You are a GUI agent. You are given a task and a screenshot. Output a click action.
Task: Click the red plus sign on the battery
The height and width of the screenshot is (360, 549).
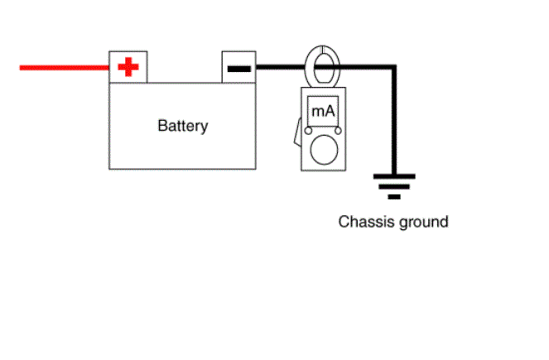[128, 67]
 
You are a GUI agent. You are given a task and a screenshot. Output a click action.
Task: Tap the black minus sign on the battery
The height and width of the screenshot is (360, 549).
[239, 69]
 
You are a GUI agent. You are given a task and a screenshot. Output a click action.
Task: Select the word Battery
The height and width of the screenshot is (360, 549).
[183, 126]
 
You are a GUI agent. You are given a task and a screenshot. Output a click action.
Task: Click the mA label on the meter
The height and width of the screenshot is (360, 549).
[323, 111]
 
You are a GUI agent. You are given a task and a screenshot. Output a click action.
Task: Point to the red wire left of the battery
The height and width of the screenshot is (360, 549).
[64, 68]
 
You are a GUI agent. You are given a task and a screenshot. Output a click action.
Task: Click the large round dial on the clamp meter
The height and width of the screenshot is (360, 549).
[324, 150]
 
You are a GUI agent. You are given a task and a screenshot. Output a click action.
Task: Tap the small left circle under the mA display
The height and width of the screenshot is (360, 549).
[308, 131]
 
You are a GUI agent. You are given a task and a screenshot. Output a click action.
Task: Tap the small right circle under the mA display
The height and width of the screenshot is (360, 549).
[338, 131]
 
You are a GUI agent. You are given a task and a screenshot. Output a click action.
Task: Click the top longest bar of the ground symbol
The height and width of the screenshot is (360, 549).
[394, 176]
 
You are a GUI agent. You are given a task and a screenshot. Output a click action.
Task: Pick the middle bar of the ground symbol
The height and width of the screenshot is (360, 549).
[394, 187]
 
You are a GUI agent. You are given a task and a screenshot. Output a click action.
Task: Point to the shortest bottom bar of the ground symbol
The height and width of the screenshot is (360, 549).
[394, 197]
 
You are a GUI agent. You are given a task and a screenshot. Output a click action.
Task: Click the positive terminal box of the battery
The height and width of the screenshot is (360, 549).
[128, 67]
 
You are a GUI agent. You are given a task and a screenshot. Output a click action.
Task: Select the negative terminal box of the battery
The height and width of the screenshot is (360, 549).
[238, 67]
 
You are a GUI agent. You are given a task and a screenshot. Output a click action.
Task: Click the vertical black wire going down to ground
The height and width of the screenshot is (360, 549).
[394, 121]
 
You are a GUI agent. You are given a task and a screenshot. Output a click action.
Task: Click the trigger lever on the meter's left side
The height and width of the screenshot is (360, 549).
[297, 132]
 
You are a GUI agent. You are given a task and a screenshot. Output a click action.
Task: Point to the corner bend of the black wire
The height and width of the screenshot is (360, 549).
[394, 67]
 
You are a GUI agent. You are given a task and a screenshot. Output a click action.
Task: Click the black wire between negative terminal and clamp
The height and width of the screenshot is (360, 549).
[281, 67]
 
